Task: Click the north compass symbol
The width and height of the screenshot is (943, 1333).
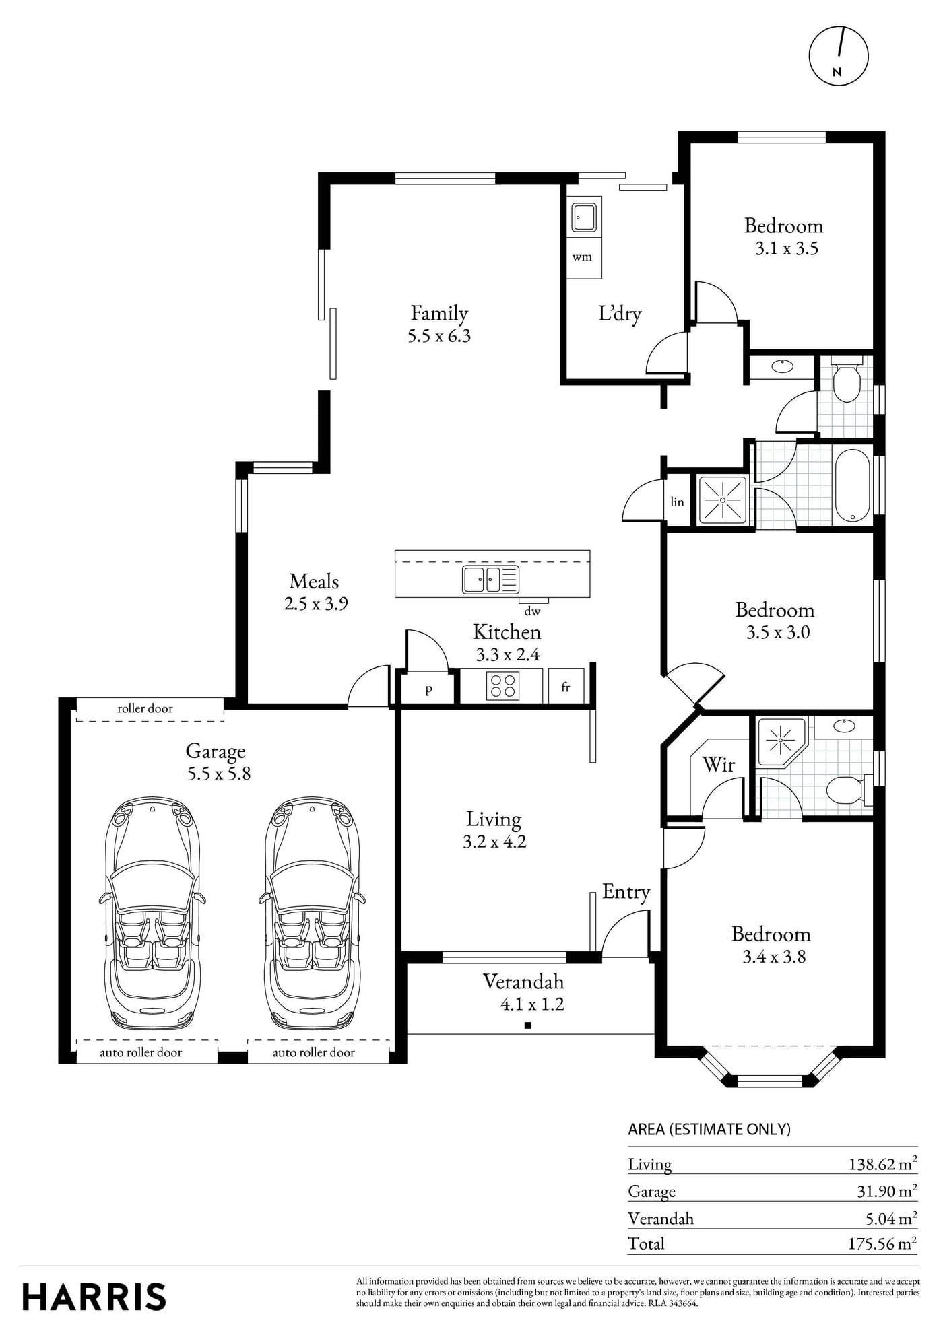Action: (839, 56)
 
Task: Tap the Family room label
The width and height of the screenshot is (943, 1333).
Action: (439, 313)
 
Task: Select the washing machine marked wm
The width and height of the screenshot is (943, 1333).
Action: (583, 257)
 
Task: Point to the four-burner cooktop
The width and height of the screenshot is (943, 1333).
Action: (502, 686)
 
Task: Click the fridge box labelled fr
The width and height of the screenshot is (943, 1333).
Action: (566, 686)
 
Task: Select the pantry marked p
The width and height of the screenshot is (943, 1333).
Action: (428, 688)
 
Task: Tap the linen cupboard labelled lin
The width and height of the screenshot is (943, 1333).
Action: (678, 501)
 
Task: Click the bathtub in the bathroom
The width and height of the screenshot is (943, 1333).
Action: (853, 485)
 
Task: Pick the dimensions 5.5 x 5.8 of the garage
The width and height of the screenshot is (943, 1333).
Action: (219, 774)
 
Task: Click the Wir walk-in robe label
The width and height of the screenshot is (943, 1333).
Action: (718, 764)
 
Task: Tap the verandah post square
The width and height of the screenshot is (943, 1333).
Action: (528, 1025)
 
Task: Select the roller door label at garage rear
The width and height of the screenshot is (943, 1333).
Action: (145, 708)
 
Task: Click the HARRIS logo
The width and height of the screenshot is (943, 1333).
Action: (94, 1297)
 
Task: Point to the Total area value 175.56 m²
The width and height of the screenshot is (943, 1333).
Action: (882, 1243)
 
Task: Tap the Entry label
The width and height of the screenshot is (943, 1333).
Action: (626, 892)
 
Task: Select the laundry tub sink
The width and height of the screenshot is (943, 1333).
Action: (583, 217)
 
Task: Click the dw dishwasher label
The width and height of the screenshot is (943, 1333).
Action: (532, 612)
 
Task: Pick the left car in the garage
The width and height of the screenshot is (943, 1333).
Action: (152, 914)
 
